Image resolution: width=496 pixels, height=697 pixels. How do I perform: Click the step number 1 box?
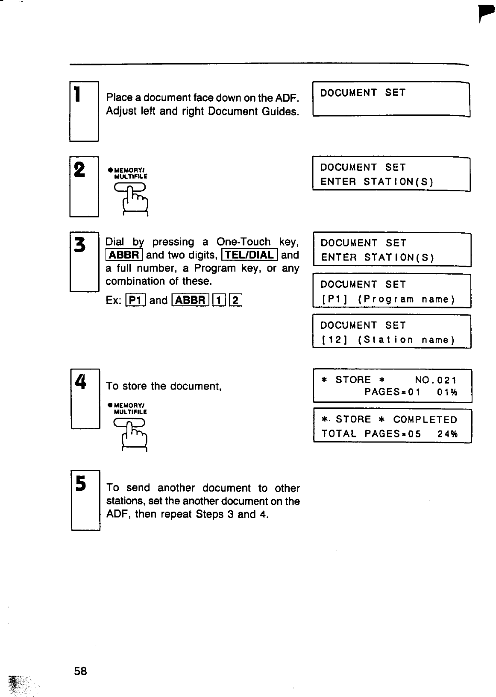(84, 111)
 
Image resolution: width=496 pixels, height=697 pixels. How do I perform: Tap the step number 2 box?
(84, 186)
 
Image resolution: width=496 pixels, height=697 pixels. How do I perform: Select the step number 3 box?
(84, 261)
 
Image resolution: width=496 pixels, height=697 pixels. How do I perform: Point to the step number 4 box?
(85, 398)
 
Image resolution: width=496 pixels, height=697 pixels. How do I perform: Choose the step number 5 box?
(85, 500)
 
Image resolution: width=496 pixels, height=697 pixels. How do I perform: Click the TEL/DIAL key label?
(250, 255)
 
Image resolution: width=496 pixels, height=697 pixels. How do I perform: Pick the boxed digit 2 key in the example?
(236, 300)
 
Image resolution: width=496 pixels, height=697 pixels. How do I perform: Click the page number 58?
(80, 671)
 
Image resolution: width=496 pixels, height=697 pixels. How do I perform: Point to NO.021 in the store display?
(436, 380)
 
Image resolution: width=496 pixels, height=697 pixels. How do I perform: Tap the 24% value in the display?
(448, 434)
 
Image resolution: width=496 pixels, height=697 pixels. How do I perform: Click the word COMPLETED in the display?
(425, 419)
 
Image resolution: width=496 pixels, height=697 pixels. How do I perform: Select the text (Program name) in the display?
(406, 299)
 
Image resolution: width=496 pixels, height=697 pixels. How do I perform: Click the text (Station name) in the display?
(406, 340)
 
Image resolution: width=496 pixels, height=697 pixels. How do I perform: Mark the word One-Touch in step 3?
(244, 242)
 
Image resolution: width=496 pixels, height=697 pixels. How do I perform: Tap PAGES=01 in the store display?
(392, 392)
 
